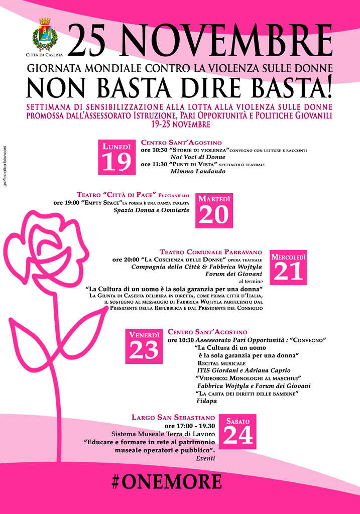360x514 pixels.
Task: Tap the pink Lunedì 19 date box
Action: pos(116,157)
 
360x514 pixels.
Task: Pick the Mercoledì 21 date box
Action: pos(289,267)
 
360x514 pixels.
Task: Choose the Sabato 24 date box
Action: pos(237,431)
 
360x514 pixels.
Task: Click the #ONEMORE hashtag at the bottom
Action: pos(166,481)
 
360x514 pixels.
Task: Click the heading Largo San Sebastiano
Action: pos(173,417)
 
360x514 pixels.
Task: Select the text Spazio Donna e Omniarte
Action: pos(151,210)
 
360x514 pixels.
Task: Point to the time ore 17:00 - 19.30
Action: pos(190,426)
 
